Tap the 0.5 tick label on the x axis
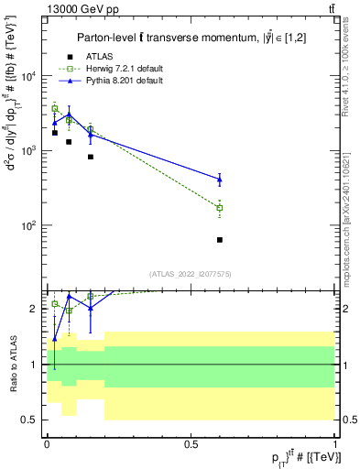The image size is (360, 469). tap(191, 442)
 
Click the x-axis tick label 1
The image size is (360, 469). tap(335, 442)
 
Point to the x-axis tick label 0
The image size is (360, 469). tap(47, 442)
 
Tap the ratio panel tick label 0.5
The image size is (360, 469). tap(31, 420)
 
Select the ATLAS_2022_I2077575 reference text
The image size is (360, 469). tap(191, 274)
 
